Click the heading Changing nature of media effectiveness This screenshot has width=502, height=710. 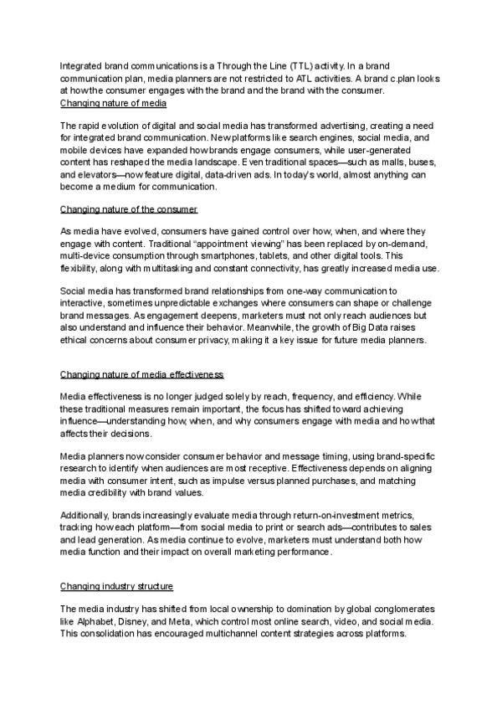tap(141, 373)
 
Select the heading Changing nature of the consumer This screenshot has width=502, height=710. tap(129, 208)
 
